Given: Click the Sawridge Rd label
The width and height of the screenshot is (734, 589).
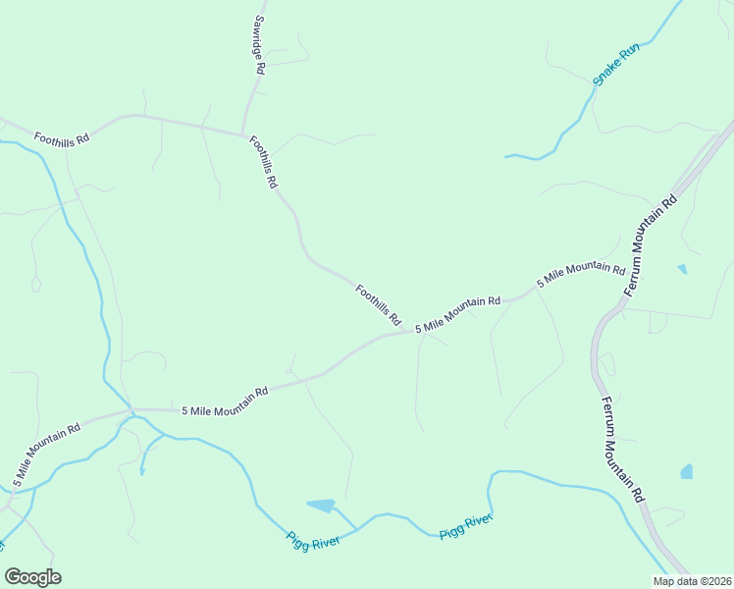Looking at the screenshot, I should pos(259,44).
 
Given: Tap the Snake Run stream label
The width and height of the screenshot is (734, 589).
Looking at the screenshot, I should pos(615,64).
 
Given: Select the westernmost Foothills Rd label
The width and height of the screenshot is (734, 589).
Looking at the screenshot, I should pos(61,138).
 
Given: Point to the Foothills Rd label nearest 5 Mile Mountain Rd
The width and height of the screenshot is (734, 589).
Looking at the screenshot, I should pos(379,304).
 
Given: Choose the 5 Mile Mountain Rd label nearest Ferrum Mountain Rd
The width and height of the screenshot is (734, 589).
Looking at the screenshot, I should pos(581,274).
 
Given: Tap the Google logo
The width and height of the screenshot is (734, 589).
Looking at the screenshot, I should pos(32,577).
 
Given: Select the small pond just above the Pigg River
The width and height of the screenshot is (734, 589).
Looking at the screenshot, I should pos(321,506).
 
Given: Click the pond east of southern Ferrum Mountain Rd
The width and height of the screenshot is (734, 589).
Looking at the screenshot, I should pos(686,472).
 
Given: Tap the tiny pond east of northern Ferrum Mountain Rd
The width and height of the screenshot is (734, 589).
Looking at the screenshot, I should pos(682,268).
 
